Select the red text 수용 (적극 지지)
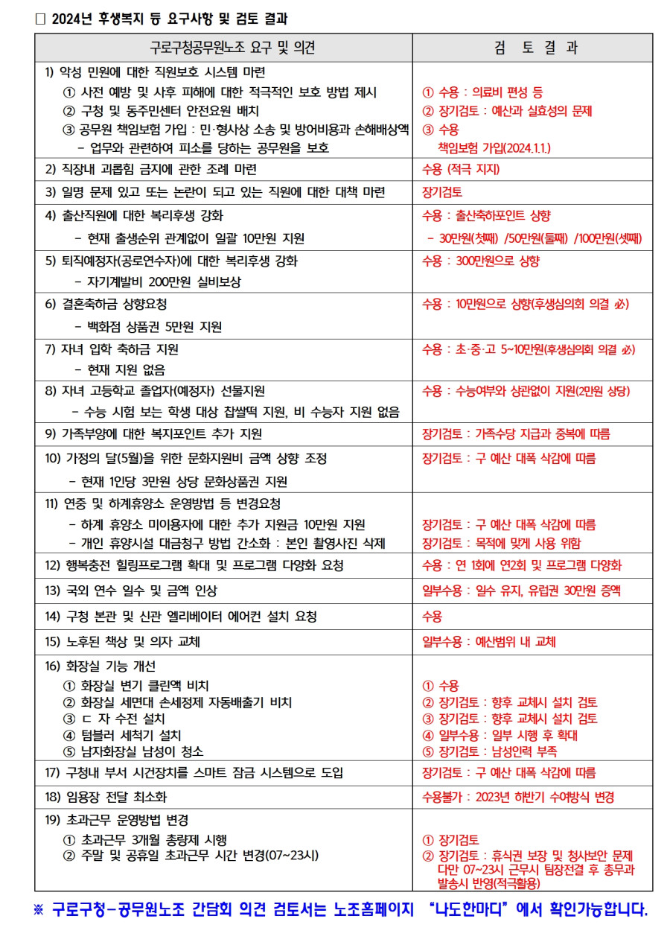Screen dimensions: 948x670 (x=461, y=169)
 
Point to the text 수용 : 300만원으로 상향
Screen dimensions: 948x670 (x=481, y=261)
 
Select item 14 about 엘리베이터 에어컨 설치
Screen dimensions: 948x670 (x=181, y=617)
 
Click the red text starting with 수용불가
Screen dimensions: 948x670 (x=518, y=797)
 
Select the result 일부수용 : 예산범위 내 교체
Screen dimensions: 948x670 (x=489, y=642)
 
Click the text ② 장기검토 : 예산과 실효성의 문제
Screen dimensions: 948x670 (x=507, y=111)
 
